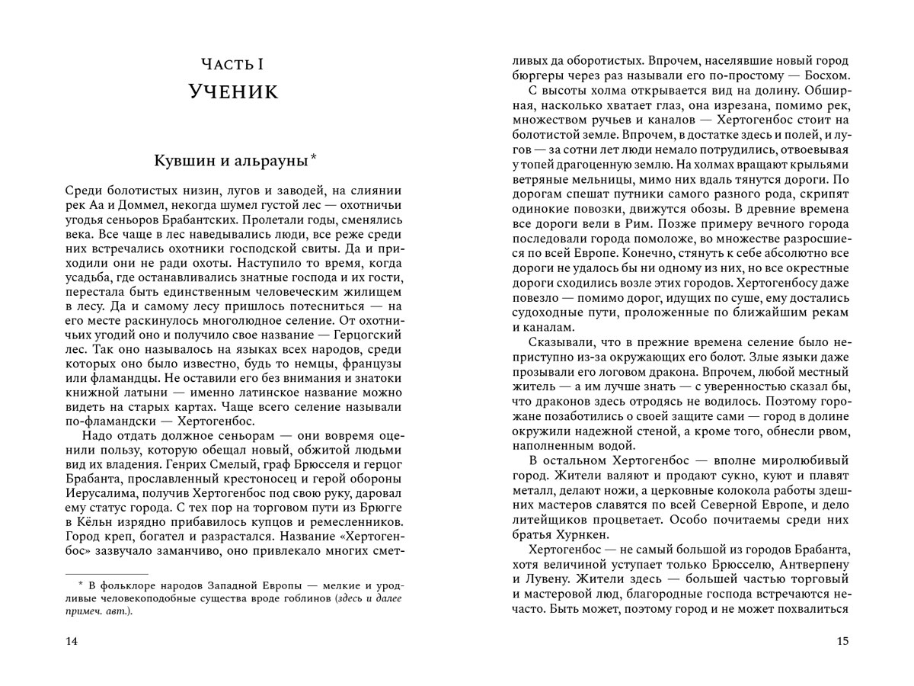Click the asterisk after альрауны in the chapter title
313,158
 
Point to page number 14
72,641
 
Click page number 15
842,641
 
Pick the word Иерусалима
101,492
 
